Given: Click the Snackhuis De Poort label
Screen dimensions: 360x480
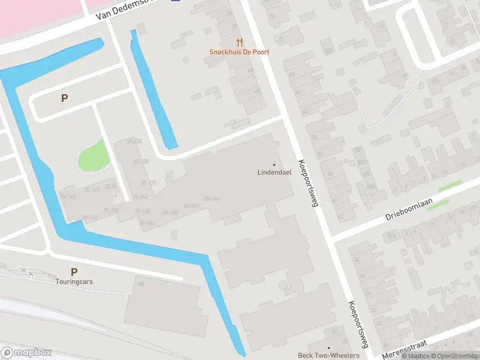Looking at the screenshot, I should tap(239, 52).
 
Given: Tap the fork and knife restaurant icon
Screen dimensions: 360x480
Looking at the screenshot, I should tap(240, 41).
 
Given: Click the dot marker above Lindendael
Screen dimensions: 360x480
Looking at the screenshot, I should tap(274, 165).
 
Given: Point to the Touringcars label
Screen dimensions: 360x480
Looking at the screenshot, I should tap(74, 281).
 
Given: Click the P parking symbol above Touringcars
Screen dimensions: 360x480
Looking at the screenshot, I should tap(74, 272).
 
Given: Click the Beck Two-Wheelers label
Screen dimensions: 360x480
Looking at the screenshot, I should tap(328, 356).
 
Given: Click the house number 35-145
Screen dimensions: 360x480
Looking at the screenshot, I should tap(68, 197).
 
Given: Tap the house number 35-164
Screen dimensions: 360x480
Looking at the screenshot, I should tap(211, 199).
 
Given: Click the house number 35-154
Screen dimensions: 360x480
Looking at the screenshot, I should tap(147, 224).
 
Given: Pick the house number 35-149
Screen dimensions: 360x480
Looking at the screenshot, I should tap(91, 190).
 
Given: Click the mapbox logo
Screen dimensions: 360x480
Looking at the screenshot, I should tap(27, 353).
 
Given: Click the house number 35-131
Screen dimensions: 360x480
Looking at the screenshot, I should tap(148, 183).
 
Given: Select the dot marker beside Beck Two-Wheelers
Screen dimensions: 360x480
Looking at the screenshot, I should tap(328, 348).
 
